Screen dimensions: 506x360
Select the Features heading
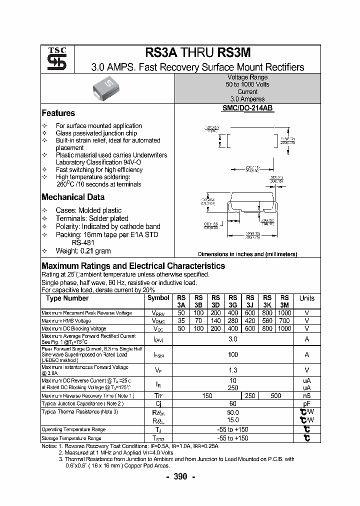point(58,113)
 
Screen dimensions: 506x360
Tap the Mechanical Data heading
point(73,197)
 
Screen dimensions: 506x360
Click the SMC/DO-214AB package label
point(247,107)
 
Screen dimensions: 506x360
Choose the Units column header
point(306,298)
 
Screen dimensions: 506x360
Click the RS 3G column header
point(233,301)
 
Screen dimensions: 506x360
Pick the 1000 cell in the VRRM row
point(284,312)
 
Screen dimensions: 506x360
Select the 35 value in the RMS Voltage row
point(181,320)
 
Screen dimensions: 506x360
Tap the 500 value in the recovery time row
point(275,395)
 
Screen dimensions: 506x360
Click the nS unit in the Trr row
point(306,395)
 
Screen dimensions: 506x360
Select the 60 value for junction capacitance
point(232,403)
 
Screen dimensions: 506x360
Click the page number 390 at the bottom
point(180,476)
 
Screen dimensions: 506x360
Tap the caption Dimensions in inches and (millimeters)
point(247,254)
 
